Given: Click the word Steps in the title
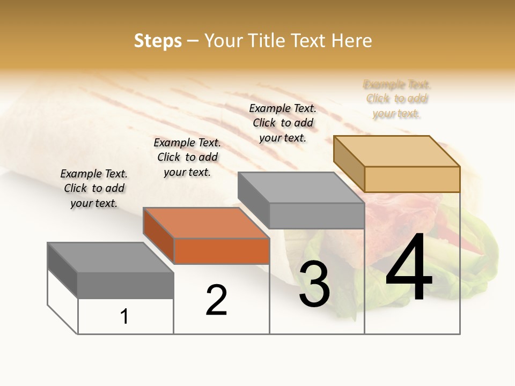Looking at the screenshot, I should (x=158, y=41).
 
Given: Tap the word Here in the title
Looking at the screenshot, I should (x=351, y=41).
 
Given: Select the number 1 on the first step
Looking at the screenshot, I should (x=124, y=317).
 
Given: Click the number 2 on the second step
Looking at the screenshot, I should (x=216, y=300).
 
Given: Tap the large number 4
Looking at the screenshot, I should (x=409, y=268).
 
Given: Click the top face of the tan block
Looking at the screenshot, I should (x=397, y=151).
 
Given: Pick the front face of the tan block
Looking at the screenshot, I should (x=412, y=179).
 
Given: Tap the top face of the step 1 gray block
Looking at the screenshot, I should (x=111, y=257).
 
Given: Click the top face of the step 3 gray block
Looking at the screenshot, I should (x=301, y=188).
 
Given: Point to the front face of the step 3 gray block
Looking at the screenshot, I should (x=317, y=216).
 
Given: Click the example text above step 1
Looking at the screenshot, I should (x=94, y=188).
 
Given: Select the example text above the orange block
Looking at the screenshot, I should (x=187, y=157).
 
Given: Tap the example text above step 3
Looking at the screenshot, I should (x=283, y=123).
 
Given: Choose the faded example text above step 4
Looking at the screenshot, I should (x=397, y=99).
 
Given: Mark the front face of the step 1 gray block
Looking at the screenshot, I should (x=126, y=285).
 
